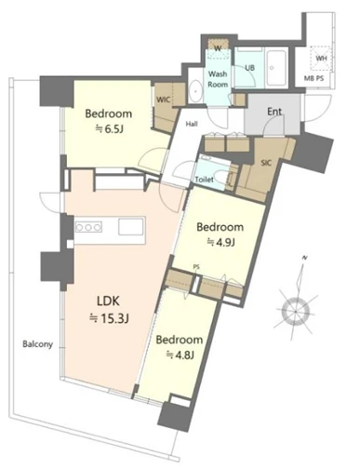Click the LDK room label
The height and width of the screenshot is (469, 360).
(x=109, y=301)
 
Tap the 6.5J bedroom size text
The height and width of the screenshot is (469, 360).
(x=109, y=129)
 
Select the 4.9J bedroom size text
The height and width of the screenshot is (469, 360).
(x=220, y=242)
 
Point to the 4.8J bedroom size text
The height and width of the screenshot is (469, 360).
(x=180, y=355)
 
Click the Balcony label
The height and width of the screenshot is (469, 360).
(x=38, y=344)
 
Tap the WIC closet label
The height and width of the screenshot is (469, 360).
(x=163, y=100)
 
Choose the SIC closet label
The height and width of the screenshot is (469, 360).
(x=266, y=163)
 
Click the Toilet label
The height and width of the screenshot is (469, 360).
(x=205, y=180)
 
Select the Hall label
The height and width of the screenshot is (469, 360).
(x=192, y=124)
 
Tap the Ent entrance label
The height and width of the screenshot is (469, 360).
(x=274, y=112)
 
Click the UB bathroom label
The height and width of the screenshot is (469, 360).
(x=250, y=67)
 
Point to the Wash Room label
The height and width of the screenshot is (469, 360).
(x=218, y=79)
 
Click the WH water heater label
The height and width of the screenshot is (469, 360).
(x=321, y=59)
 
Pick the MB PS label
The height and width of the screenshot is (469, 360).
(x=313, y=78)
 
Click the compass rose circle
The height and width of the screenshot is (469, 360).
(x=296, y=311)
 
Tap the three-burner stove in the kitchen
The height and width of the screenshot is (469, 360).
(x=88, y=227)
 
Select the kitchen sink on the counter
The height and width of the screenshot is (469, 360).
(x=131, y=227)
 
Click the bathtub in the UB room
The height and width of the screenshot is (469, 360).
(x=276, y=68)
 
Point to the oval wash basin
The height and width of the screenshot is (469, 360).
(x=195, y=91)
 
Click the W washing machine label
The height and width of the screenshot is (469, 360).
(x=218, y=48)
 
